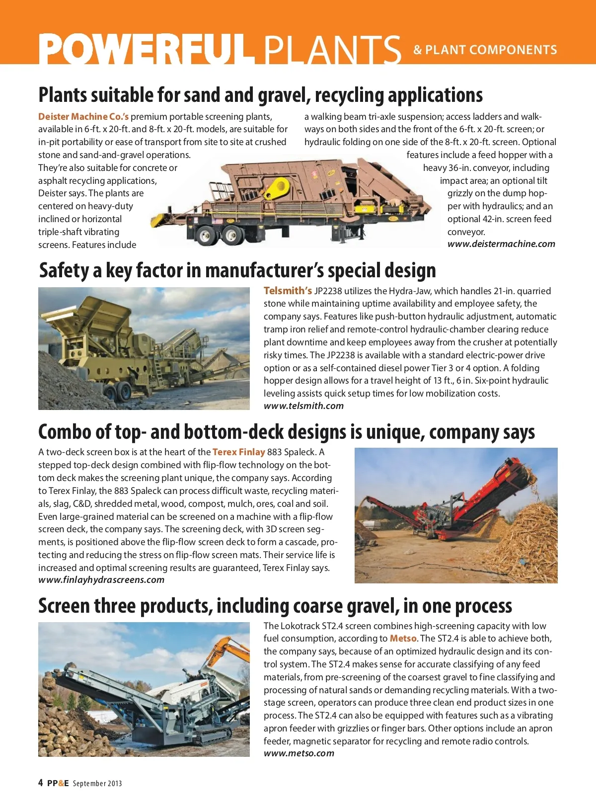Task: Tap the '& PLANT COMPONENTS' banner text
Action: tap(485, 50)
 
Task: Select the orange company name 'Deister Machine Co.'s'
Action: tap(83, 117)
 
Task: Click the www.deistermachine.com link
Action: tap(501, 244)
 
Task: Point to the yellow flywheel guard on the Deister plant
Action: tap(276, 189)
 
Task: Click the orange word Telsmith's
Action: tap(288, 291)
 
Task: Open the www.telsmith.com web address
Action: tap(303, 406)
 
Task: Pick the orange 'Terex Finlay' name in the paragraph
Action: tap(239, 452)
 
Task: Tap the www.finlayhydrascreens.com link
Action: tap(101, 580)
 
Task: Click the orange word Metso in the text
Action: tap(403, 639)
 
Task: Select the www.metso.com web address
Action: tap(299, 753)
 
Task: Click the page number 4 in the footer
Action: tap(41, 783)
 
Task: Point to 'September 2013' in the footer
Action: tap(97, 784)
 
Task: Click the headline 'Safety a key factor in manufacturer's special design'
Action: tap(237, 271)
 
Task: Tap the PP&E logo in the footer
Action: tap(58, 784)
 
